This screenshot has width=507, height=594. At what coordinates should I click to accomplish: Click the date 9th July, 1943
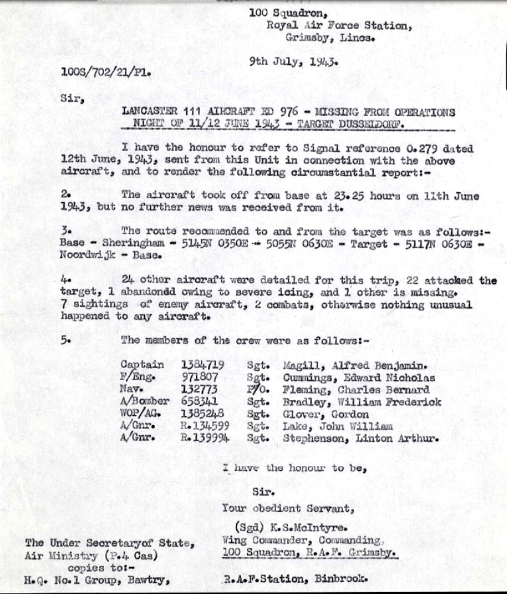(295, 63)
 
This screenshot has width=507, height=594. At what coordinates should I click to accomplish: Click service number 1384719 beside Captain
(203, 365)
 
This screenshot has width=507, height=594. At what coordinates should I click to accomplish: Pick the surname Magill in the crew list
(299, 365)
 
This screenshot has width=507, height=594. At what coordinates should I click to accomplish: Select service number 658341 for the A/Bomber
(200, 402)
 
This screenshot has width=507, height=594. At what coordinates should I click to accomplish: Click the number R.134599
(206, 426)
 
